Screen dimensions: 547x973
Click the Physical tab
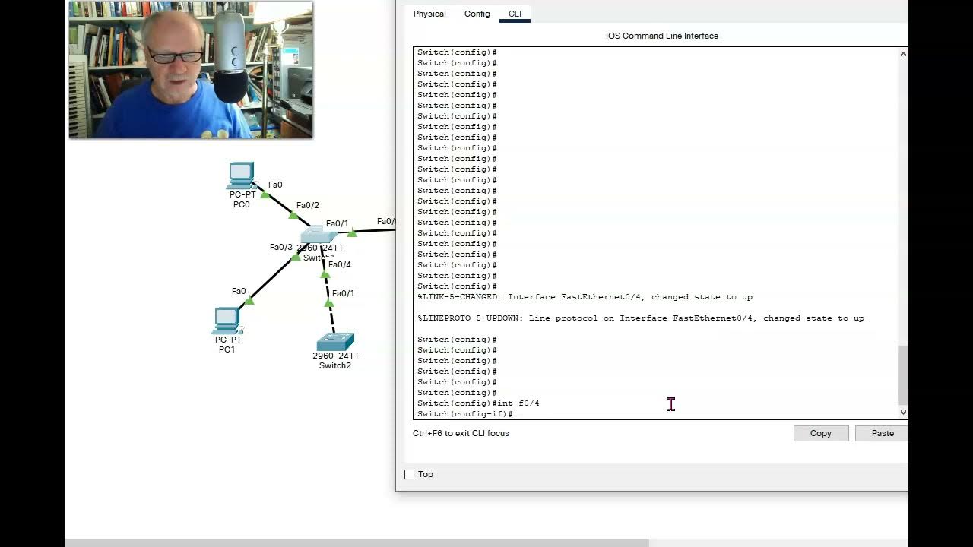click(429, 14)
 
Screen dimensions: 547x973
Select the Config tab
click(477, 14)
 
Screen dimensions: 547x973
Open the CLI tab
click(515, 14)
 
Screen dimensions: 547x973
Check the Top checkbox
click(410, 474)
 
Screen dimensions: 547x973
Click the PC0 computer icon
click(241, 175)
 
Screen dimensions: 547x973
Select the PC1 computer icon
click(227, 321)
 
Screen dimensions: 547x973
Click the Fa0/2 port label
click(307, 205)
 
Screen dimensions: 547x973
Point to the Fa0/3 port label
click(280, 247)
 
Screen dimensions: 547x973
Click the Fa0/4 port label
click(340, 264)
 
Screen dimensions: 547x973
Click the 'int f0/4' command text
click(518, 403)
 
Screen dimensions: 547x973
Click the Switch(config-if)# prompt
click(464, 414)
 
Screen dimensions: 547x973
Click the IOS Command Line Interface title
click(661, 36)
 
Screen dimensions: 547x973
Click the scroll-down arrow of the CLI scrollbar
click(903, 413)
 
